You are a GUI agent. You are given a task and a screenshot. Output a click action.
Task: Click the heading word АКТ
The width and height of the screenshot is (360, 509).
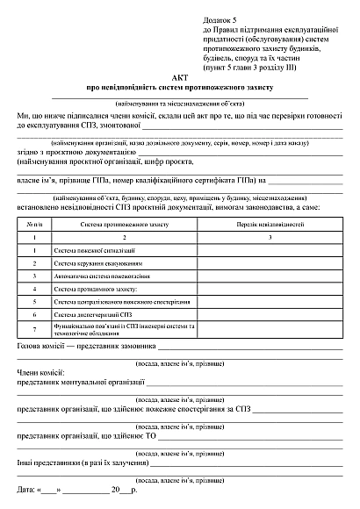(180, 77)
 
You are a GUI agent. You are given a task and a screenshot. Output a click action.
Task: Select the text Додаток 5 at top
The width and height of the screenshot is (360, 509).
(221, 19)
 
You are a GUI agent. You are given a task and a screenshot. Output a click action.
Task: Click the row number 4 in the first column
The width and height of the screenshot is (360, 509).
(33, 287)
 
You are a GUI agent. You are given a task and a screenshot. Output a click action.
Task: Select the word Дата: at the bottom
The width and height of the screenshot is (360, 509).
(27, 488)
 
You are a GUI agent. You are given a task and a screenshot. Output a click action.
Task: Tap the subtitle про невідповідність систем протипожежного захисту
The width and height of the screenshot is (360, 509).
(180, 88)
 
